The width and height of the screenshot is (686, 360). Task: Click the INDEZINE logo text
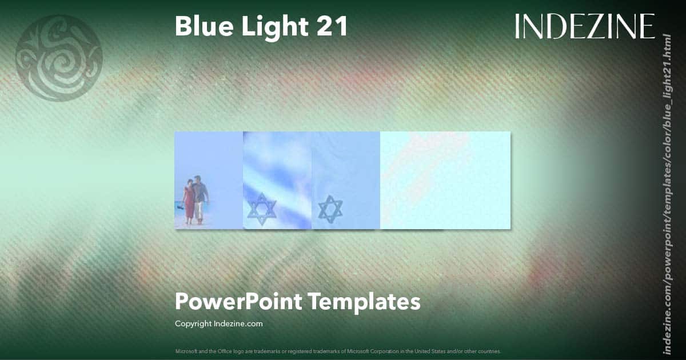point(585,26)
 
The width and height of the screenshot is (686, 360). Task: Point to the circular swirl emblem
point(59,58)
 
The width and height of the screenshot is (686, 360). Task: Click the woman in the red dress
point(189,200)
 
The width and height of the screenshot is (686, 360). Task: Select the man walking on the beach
point(200,197)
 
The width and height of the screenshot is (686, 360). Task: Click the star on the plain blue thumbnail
point(330,209)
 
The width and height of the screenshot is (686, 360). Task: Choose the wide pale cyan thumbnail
point(445,180)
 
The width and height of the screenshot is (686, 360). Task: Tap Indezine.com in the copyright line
point(238,323)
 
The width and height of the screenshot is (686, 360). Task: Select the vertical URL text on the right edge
point(667,194)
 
